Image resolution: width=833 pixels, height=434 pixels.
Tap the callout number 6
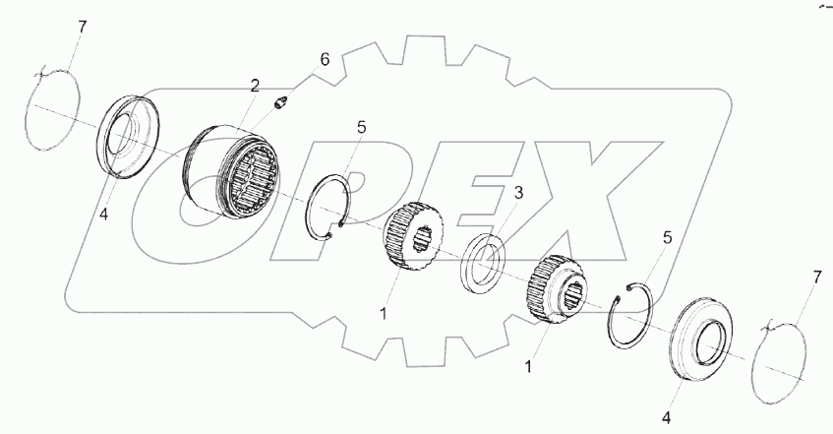[x=325, y=61]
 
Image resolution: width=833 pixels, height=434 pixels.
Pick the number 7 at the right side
[x=813, y=281]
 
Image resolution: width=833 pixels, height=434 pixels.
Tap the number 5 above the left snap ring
[x=361, y=127]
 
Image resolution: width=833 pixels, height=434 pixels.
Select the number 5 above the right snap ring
[x=667, y=237]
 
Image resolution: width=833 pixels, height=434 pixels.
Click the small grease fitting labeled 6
[x=282, y=101]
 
